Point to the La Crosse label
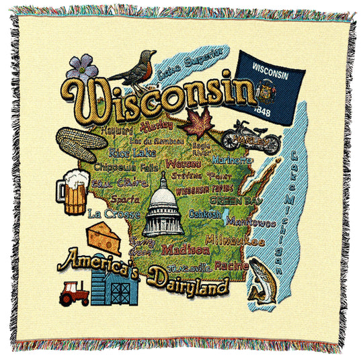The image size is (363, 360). [114, 213]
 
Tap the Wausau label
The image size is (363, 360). [183, 163]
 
